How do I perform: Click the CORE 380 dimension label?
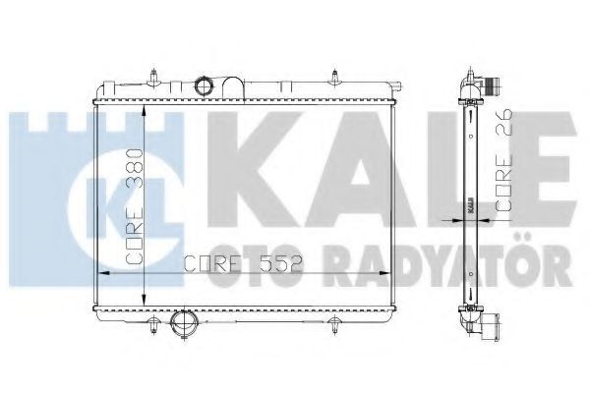pos(134,206)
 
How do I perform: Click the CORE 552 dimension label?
pos(244,264)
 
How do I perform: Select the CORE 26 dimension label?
pos(503,160)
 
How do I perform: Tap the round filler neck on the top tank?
pos(205,85)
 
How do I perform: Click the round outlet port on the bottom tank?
pos(183,322)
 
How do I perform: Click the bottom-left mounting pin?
pos(153,325)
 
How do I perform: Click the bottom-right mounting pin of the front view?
pos(335,325)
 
